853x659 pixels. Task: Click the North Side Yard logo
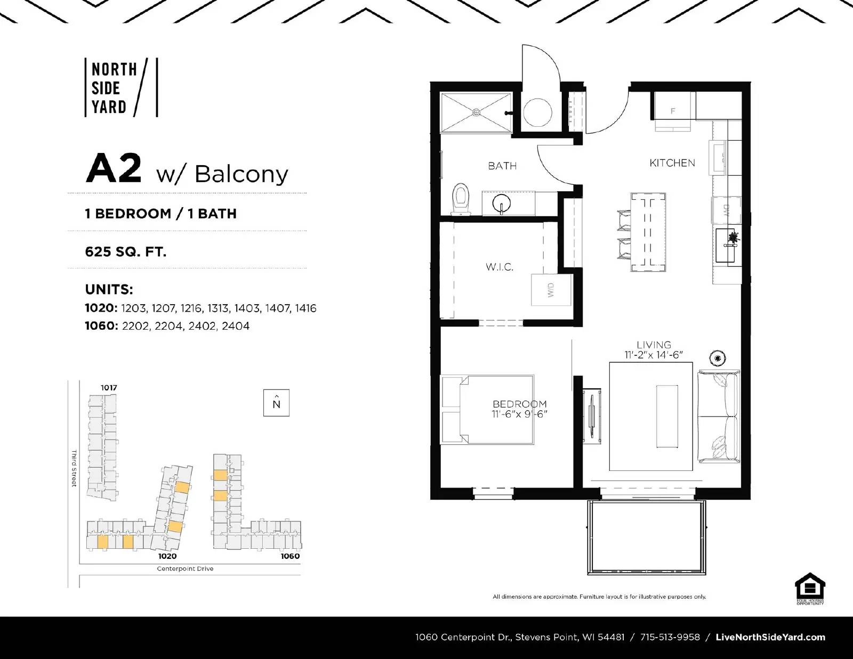click(120, 88)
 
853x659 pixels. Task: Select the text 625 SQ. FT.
click(125, 251)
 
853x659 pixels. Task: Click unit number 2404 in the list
click(235, 326)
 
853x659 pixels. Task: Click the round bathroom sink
click(502, 204)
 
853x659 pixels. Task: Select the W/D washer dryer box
click(551, 290)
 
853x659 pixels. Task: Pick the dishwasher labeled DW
click(726, 210)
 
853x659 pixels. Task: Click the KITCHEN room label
click(672, 163)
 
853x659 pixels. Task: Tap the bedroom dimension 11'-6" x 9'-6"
click(520, 414)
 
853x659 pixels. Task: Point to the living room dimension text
click(654, 355)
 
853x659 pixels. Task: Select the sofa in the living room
click(719, 417)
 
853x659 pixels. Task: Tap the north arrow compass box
click(276, 403)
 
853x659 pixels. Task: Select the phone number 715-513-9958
click(670, 637)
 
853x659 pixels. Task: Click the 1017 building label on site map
click(109, 387)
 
